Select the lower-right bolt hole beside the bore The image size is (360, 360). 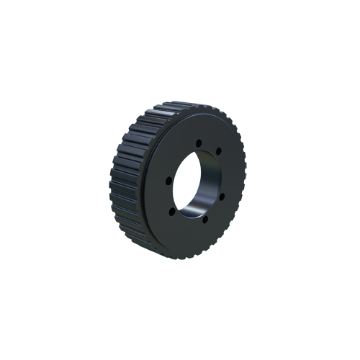point(221,196)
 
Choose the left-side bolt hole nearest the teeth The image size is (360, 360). point(167,180)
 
